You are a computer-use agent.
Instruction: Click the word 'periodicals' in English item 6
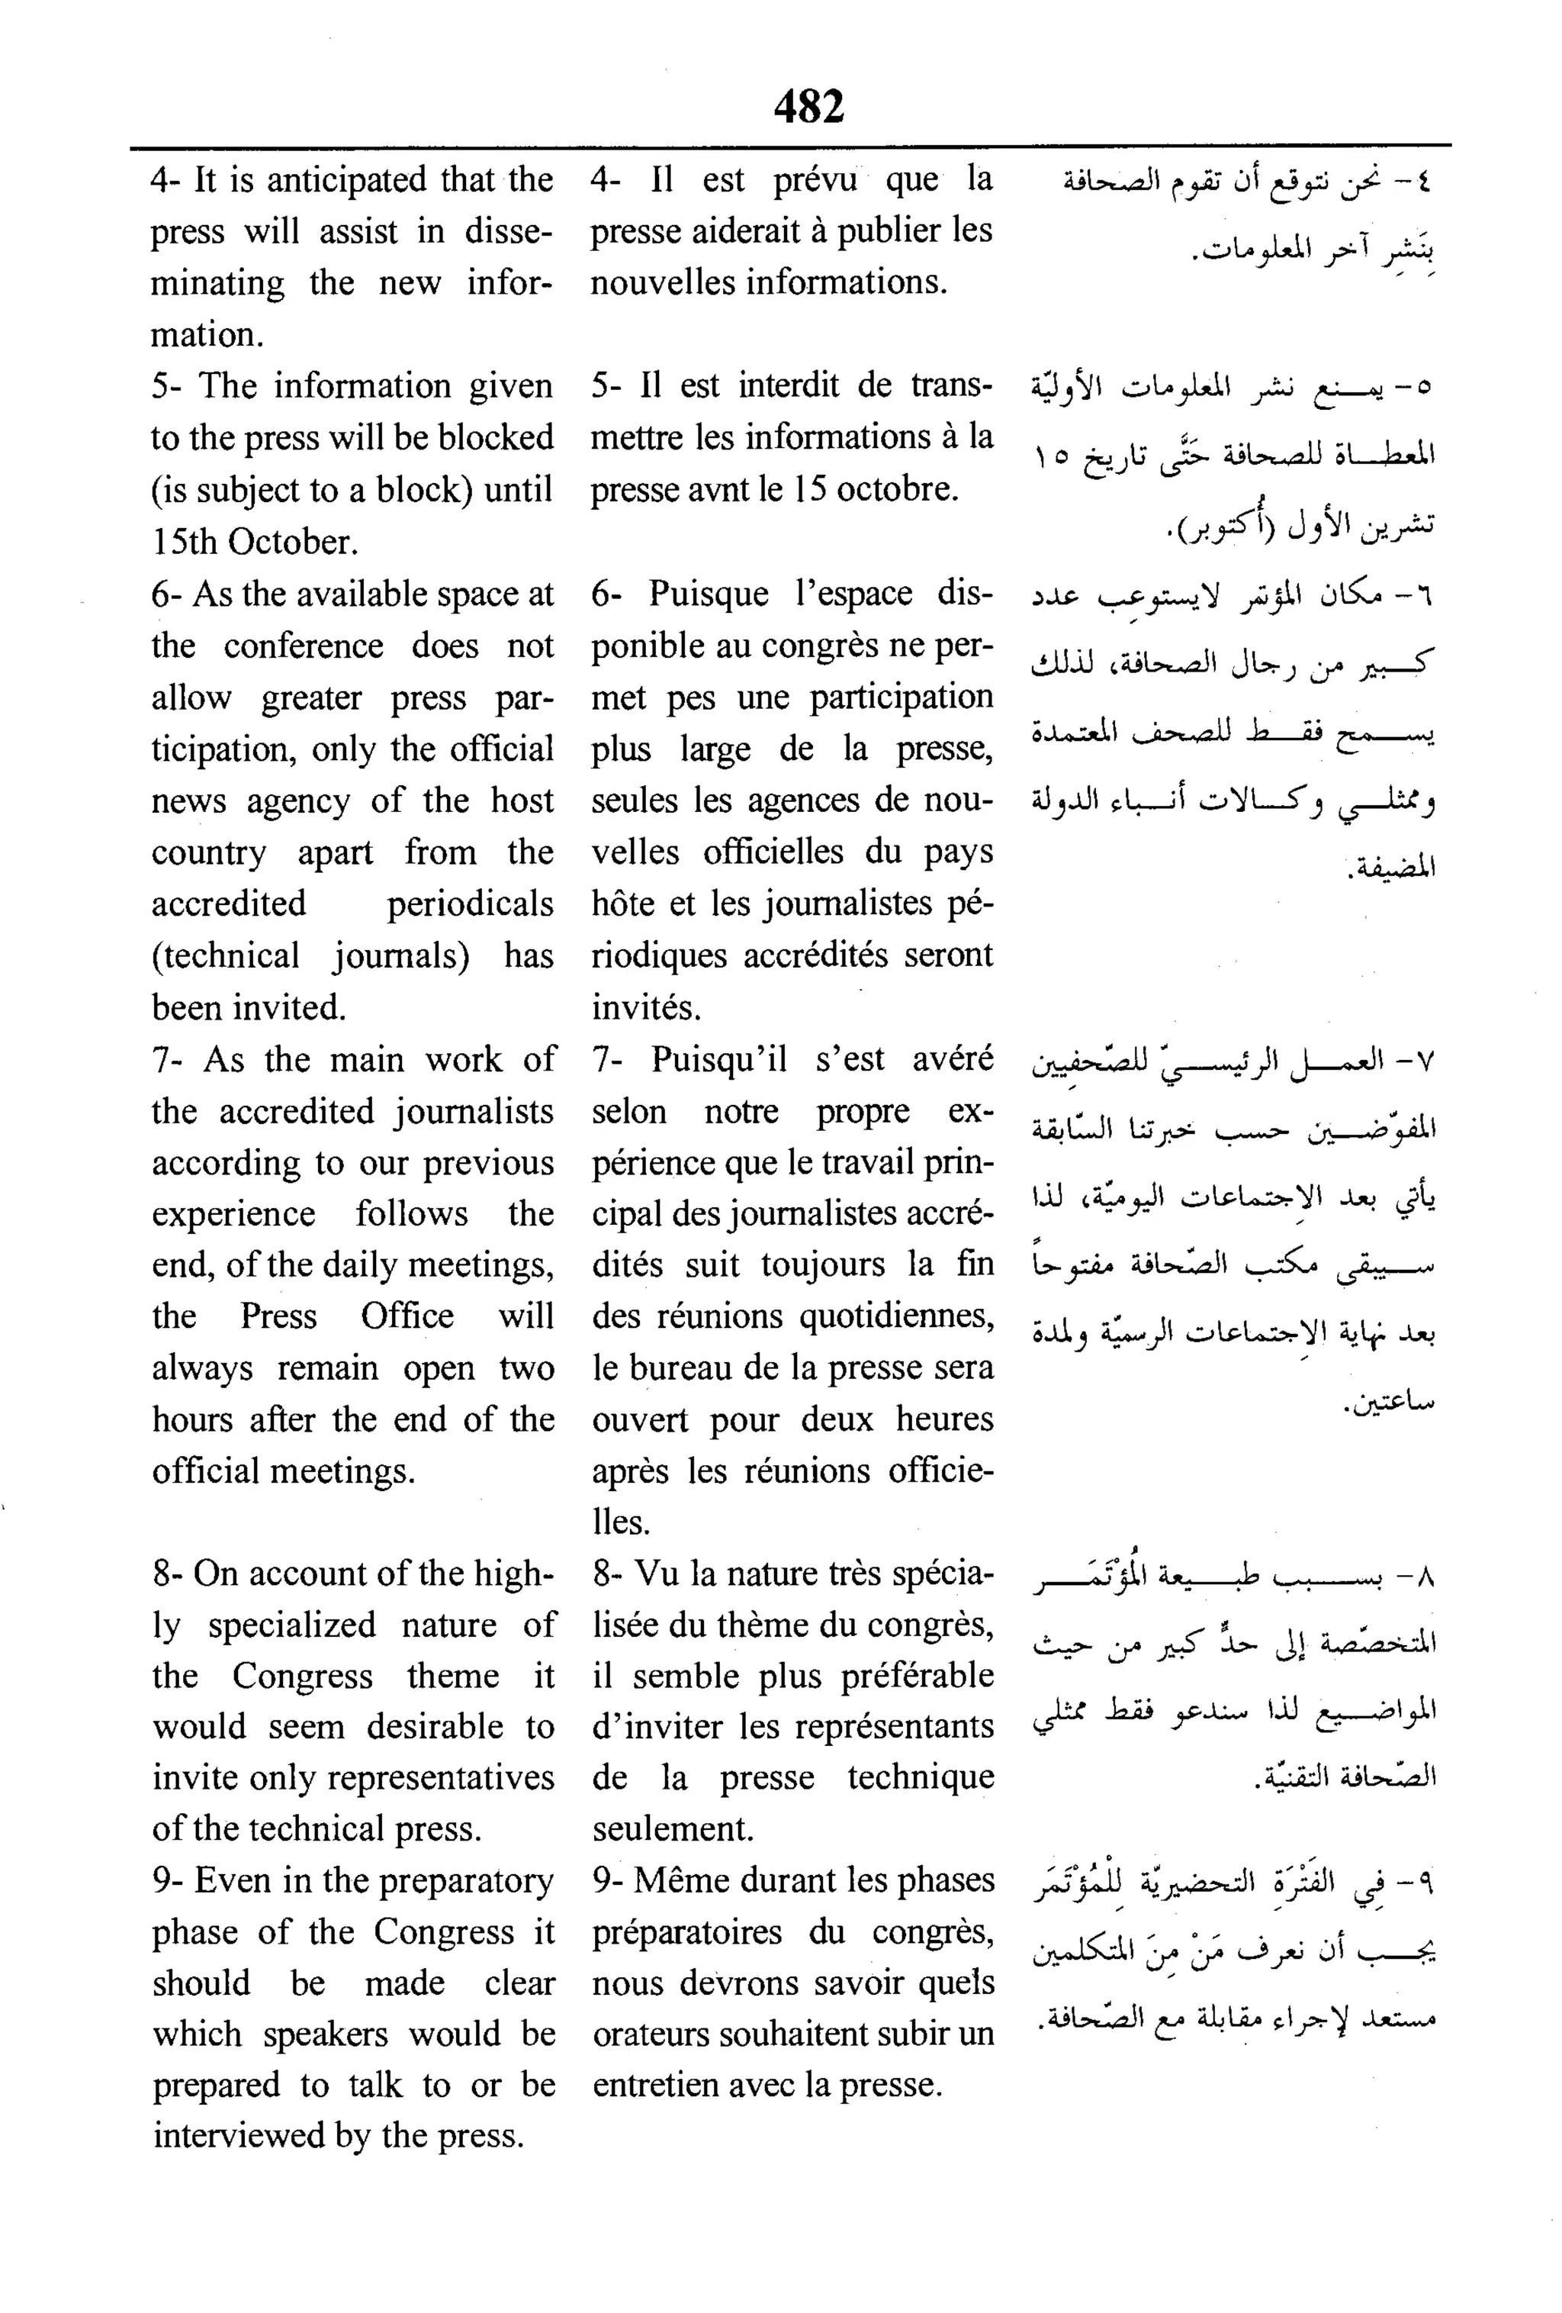(x=470, y=904)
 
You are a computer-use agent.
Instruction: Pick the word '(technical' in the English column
(x=225, y=955)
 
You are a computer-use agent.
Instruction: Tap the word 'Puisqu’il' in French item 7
(x=718, y=1059)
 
